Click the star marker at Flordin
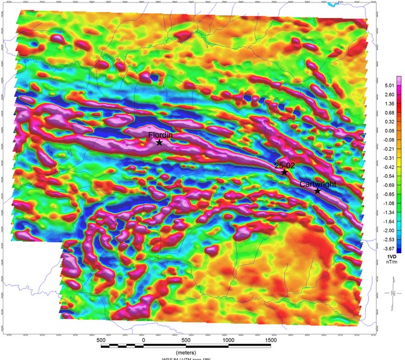(159, 143)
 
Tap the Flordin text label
(161, 136)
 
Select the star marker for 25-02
(284, 172)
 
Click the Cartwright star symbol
(317, 191)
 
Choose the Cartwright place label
(318, 184)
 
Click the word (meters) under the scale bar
(186, 352)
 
